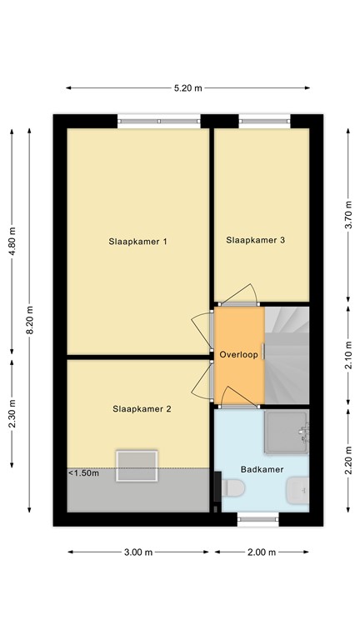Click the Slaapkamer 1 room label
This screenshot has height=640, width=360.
[x=138, y=242]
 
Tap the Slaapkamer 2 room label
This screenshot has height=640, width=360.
[x=142, y=408]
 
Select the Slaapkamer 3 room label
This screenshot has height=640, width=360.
[x=256, y=240]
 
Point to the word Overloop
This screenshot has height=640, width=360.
[x=239, y=355]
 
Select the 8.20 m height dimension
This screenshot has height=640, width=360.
[x=30, y=318]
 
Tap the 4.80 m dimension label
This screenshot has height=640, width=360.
[x=12, y=242]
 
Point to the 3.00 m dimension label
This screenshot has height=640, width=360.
[x=138, y=552]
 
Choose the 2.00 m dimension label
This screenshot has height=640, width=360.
[x=262, y=552]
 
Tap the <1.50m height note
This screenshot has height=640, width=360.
[x=84, y=473]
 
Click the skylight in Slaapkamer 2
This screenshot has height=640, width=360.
[x=137, y=465]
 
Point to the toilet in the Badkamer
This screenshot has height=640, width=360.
[x=297, y=491]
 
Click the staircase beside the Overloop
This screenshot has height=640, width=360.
[x=287, y=355]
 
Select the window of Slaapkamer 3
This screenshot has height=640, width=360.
[x=266, y=122]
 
